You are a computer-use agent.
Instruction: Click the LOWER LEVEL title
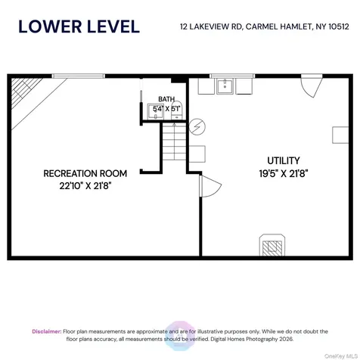point(79,26)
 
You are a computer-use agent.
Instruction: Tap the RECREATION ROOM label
point(85,173)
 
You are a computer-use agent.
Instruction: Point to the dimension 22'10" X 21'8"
point(85,185)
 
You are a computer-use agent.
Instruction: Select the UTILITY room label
point(284,160)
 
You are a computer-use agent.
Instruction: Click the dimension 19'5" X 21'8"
point(284,173)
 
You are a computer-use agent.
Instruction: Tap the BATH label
point(166,99)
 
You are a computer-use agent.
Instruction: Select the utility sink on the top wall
point(225,87)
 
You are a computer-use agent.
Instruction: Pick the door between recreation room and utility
point(207,188)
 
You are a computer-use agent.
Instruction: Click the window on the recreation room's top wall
point(78,76)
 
